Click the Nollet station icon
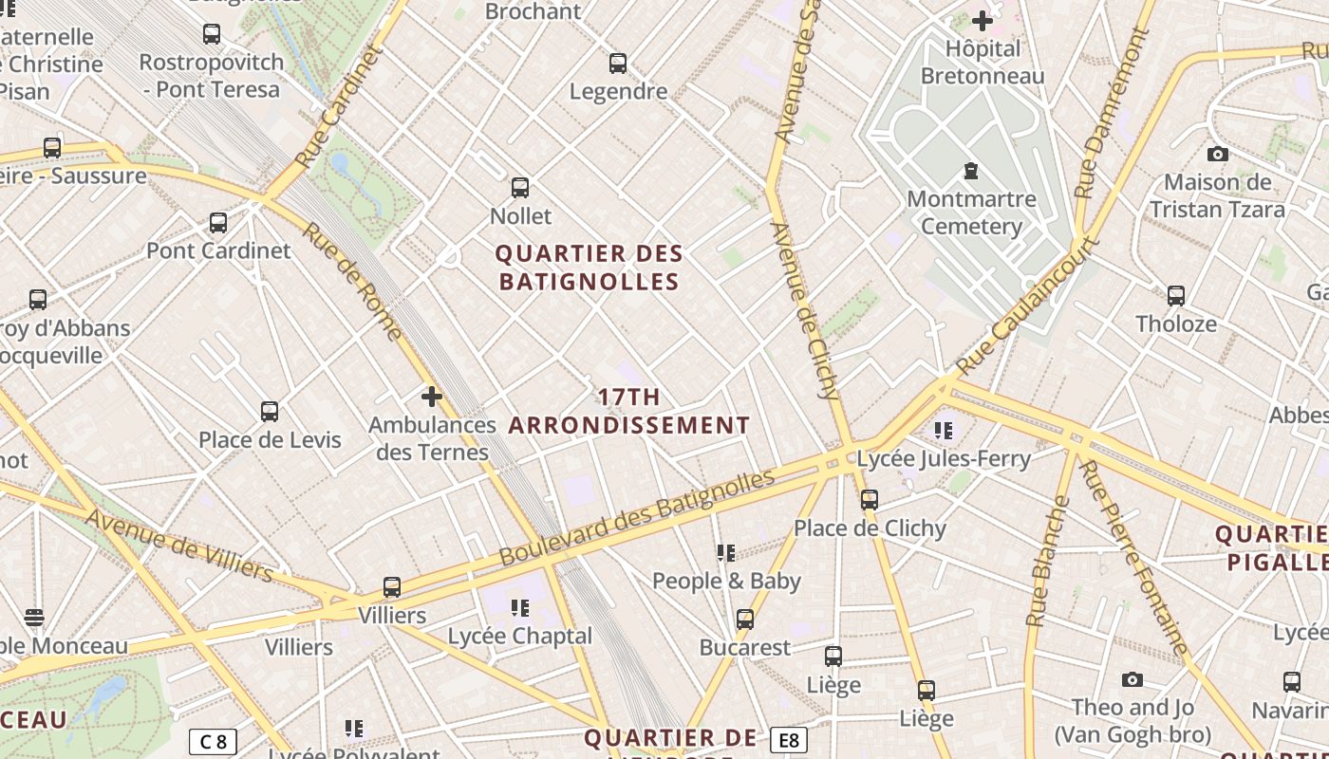click(519, 187)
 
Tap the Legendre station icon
click(618, 64)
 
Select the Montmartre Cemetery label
click(971, 213)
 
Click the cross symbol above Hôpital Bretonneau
click(982, 20)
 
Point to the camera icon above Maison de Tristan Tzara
click(1217, 154)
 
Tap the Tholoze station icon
click(1176, 296)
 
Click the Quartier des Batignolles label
click(590, 268)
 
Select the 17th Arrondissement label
click(629, 411)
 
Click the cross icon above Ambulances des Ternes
click(432, 396)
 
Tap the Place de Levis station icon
click(270, 412)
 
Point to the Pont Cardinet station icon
click(218, 223)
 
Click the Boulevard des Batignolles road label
click(637, 518)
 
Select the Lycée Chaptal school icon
click(519, 607)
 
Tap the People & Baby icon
click(726, 552)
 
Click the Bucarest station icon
click(745, 620)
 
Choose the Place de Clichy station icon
click(870, 500)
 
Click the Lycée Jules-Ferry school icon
click(943, 430)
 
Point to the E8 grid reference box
click(789, 740)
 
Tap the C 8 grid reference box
click(213, 741)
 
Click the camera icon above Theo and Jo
click(1132, 679)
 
